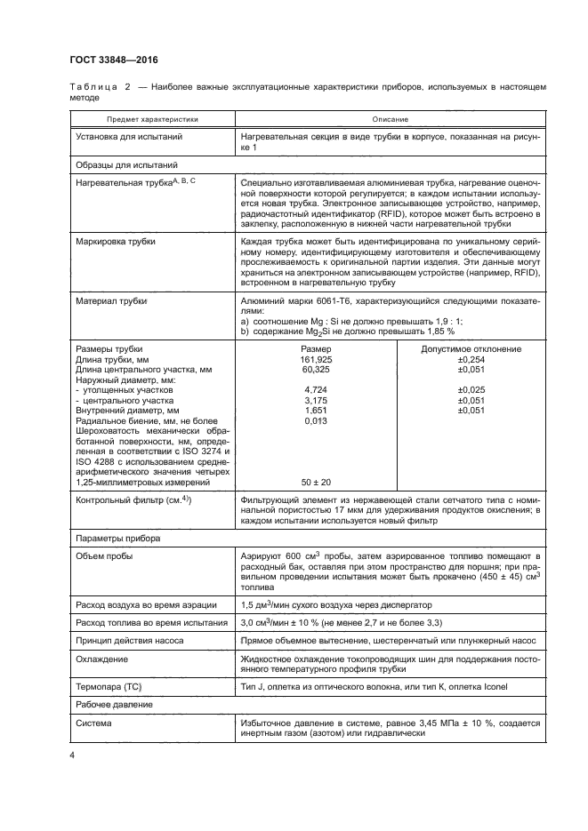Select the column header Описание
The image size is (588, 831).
point(384,118)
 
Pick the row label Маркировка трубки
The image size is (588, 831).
point(116,241)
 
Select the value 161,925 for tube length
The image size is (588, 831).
point(310,359)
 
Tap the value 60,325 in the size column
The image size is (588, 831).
point(310,369)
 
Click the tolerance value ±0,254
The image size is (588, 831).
point(471,359)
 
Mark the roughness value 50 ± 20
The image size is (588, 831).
point(315,482)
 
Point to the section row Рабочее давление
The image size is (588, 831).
point(115,706)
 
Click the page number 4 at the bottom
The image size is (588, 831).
point(70,756)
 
